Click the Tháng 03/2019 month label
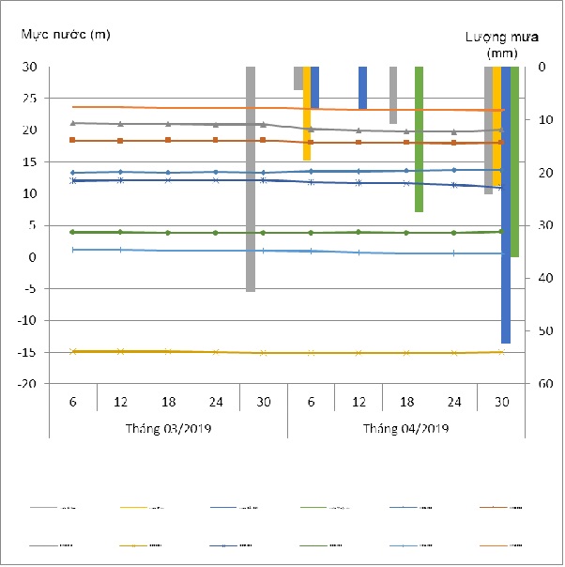pos(168,429)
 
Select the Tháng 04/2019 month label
pos(406,429)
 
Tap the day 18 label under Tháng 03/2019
pos(168,402)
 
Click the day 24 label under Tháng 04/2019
pos(454,402)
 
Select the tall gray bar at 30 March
pos(251,178)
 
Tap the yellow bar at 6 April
pos(307,113)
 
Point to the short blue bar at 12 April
pos(362,87)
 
